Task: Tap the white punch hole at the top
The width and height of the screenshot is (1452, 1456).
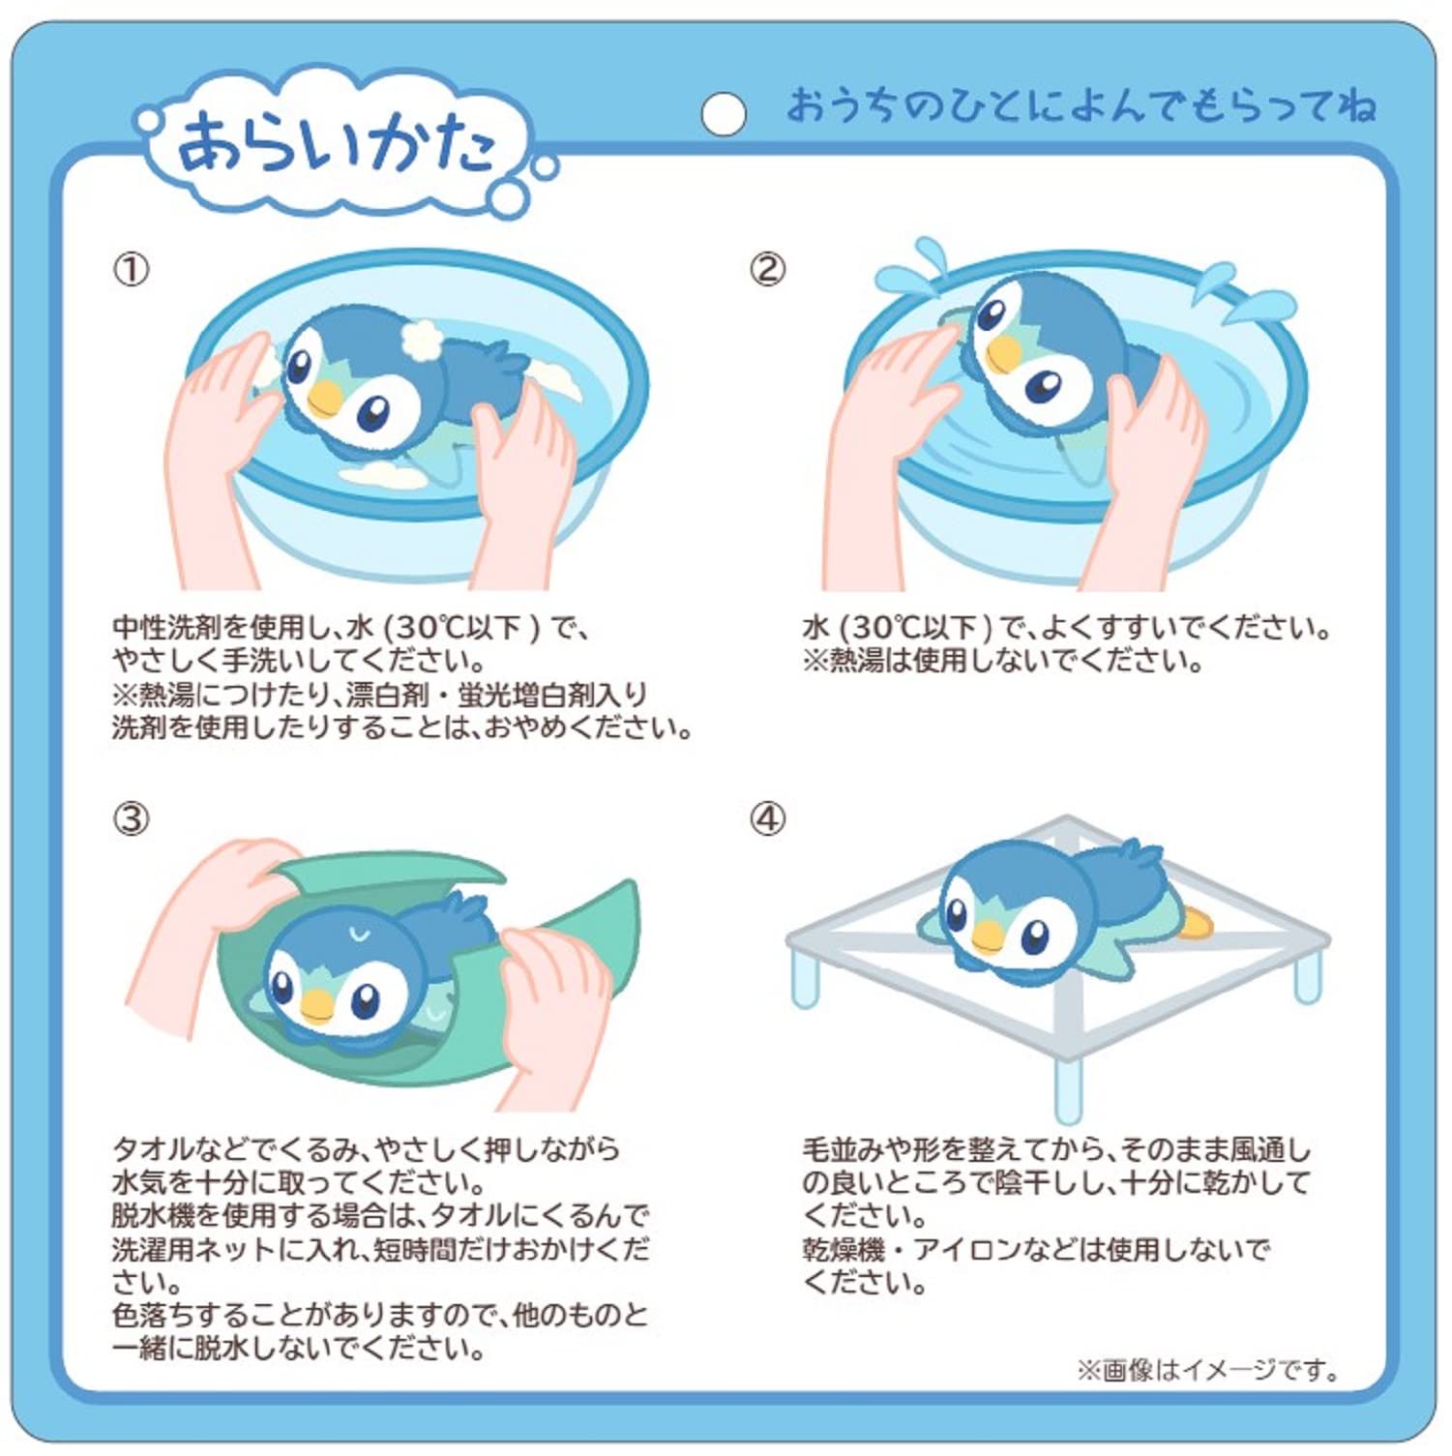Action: (723, 113)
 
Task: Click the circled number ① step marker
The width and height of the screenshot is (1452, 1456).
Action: (132, 269)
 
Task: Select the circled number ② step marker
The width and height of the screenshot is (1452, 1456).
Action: (767, 269)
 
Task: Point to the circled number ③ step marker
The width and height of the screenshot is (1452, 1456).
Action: (132, 819)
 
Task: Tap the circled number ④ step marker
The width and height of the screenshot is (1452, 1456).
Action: (767, 819)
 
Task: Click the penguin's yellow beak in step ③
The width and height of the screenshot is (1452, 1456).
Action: (316, 1006)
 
